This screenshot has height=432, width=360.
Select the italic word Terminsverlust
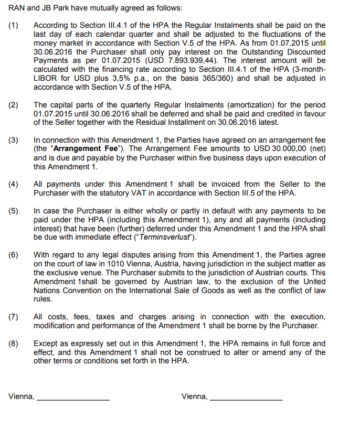(165, 237)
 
